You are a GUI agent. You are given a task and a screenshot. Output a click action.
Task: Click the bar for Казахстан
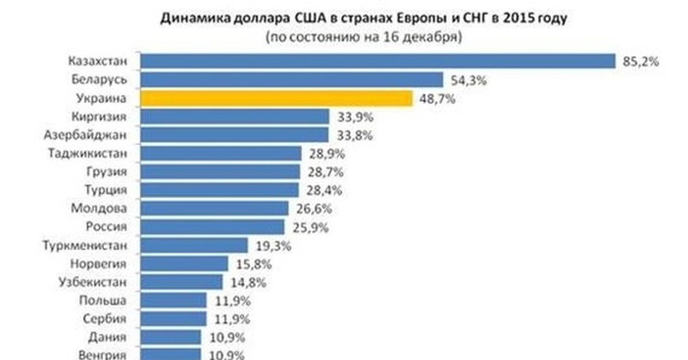click(x=377, y=61)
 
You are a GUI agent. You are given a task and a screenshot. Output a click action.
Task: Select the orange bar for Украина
click(x=276, y=99)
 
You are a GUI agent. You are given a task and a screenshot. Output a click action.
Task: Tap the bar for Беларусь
click(x=292, y=80)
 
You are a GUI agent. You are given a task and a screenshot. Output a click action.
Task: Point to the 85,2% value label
click(x=638, y=61)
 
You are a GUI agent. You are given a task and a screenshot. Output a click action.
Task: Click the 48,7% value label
click(x=437, y=99)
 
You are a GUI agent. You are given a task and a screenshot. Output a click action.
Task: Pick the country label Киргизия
click(x=99, y=117)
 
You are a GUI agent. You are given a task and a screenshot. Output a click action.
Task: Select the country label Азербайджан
click(x=85, y=135)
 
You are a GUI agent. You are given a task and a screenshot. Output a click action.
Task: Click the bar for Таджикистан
click(x=221, y=154)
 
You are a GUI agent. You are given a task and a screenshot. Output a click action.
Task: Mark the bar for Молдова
click(x=214, y=208)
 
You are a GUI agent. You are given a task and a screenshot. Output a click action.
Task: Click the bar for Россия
click(x=212, y=227)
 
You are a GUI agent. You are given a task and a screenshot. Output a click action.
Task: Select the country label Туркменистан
click(x=84, y=245)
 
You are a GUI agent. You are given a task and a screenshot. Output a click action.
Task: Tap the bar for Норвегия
click(x=185, y=264)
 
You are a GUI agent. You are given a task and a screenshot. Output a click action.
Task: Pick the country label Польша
click(x=104, y=300)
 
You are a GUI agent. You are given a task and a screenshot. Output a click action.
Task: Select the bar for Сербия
click(x=173, y=319)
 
